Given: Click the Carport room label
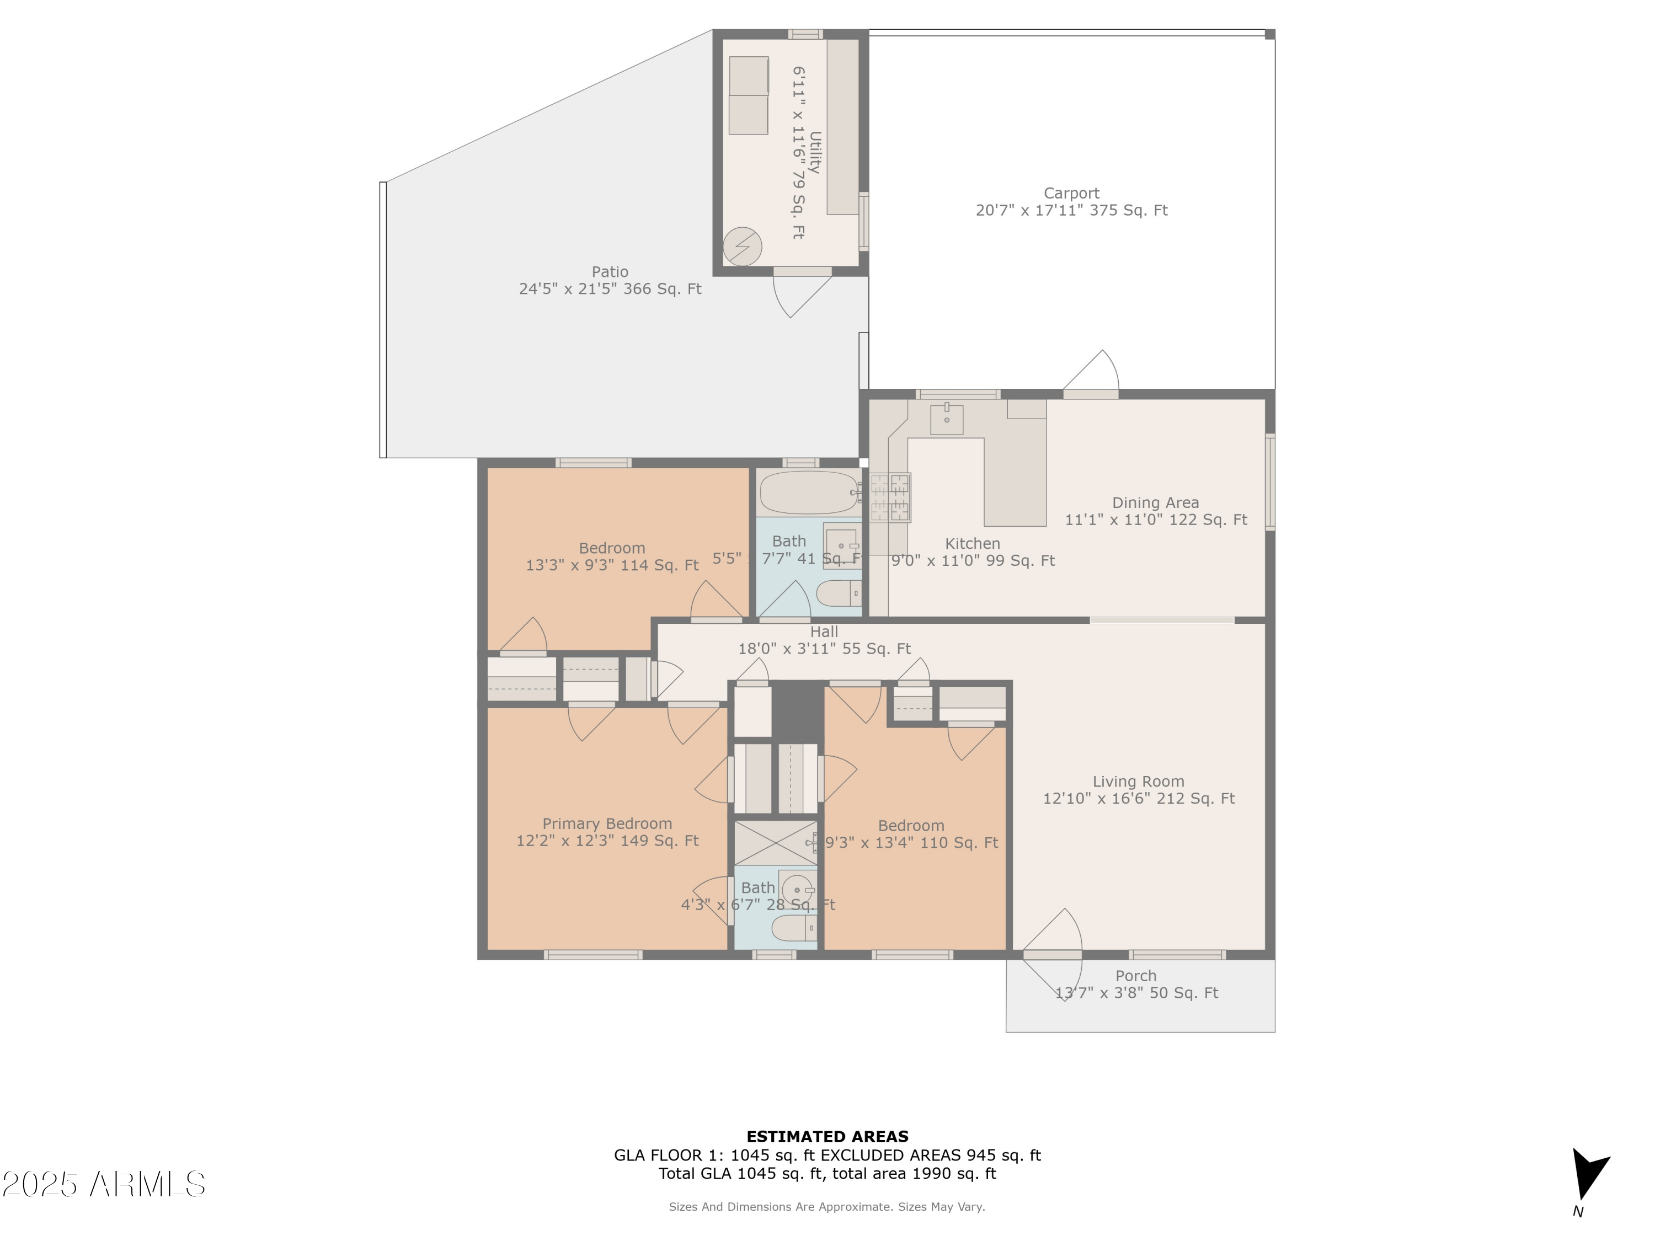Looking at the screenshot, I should click(1071, 193).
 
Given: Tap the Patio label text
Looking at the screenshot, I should click(610, 271).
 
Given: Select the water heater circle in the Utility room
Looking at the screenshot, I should click(742, 245).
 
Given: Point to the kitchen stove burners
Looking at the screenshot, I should click(890, 498).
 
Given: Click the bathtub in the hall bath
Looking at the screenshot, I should click(808, 492).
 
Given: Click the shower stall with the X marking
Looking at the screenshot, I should click(775, 843).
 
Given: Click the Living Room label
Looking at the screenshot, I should click(1138, 782).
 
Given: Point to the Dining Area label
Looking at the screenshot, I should click(1155, 502).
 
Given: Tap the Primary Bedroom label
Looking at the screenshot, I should click(607, 823).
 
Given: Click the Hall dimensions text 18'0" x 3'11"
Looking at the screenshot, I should click(824, 649).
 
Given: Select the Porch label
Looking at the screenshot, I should click(1136, 976).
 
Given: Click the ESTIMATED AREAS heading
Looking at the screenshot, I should click(827, 1137).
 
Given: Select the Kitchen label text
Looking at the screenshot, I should click(972, 544).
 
